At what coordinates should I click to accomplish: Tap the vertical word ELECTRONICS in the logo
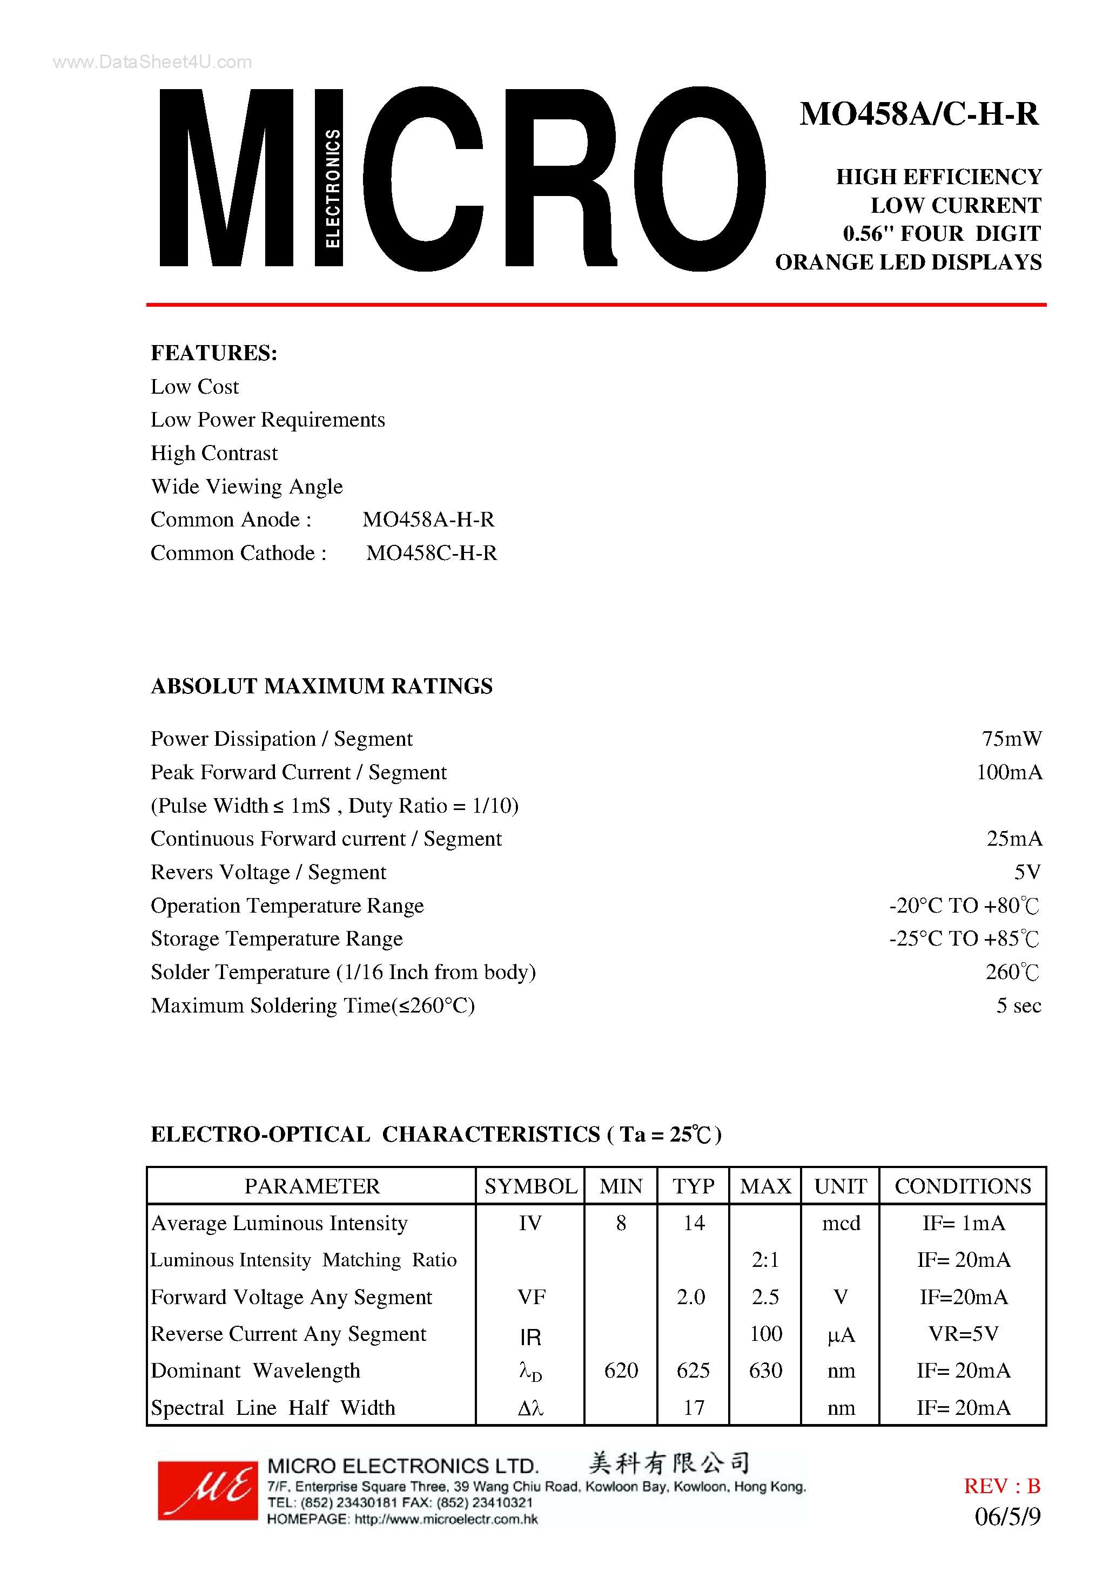pos(332,188)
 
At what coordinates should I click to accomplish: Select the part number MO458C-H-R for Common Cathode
pos(432,553)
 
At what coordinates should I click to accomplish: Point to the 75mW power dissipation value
pos(1011,739)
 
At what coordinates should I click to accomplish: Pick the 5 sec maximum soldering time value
pos(1018,1006)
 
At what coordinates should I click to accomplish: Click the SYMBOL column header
pos(530,1186)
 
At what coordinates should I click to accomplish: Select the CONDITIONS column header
pos(963,1186)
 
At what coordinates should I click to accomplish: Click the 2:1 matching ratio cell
pos(765,1260)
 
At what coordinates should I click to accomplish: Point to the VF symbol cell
pos(531,1297)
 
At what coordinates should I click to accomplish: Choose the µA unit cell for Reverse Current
pos(841,1335)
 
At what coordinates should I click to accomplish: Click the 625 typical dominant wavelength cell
pos(693,1371)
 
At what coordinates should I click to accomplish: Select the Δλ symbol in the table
pos(530,1408)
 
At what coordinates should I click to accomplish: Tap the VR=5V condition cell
pos(963,1334)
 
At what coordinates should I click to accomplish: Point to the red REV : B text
pos(1002,1486)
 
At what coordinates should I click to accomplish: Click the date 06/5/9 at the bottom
pos(1007,1517)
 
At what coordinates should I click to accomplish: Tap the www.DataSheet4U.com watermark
pos(152,62)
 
